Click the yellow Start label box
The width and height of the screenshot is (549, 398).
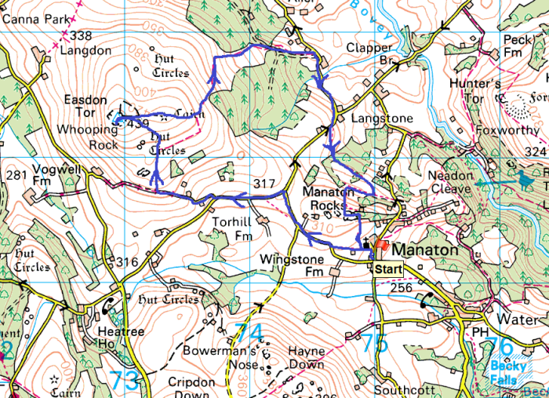387,269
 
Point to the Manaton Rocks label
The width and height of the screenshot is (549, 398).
329,199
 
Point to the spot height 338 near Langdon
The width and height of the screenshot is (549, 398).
80,36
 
